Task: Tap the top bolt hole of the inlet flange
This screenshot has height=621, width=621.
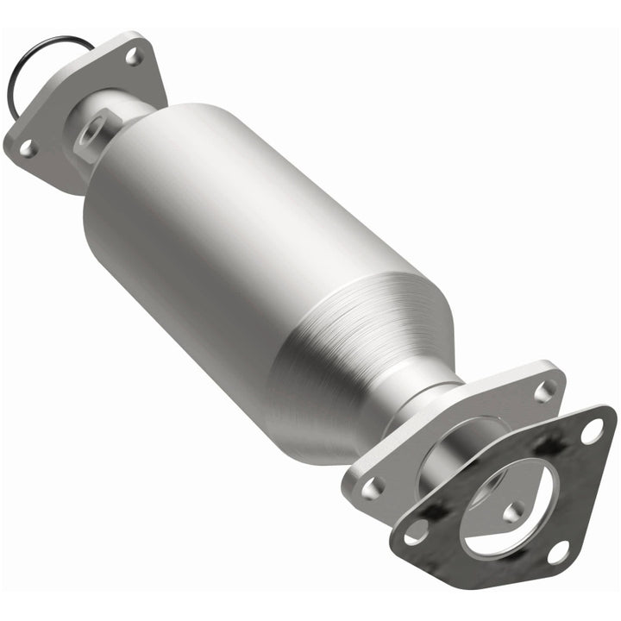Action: click(134, 57)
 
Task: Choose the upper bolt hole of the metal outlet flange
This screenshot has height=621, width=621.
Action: click(544, 391)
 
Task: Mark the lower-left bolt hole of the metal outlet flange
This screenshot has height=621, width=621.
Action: click(373, 487)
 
